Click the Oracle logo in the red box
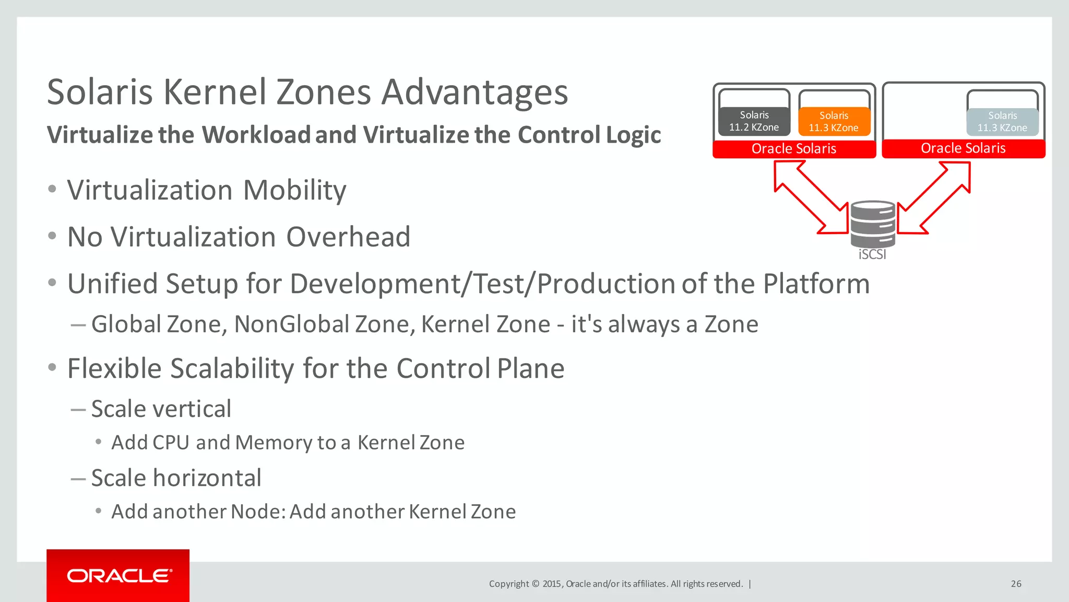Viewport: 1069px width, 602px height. coord(119,576)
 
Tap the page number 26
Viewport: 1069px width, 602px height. coord(1016,584)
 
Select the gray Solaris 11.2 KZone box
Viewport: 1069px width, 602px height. coord(754,121)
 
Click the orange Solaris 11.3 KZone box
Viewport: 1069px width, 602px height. coord(834,122)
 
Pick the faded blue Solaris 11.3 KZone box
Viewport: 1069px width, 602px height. coord(1002,122)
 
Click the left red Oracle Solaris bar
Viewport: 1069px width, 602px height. coord(793,149)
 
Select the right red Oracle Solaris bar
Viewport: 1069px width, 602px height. coord(963,148)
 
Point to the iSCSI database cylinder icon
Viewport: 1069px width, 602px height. coord(872,224)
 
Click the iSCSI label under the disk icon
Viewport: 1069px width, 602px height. coord(872,254)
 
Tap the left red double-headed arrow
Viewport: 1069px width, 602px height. coord(811,196)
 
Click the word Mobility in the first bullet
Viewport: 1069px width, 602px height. coord(294,190)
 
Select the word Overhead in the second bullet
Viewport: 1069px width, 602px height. coord(348,237)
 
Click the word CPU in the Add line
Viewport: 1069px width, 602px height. coord(171,443)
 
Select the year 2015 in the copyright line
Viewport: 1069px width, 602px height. coord(552,584)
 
